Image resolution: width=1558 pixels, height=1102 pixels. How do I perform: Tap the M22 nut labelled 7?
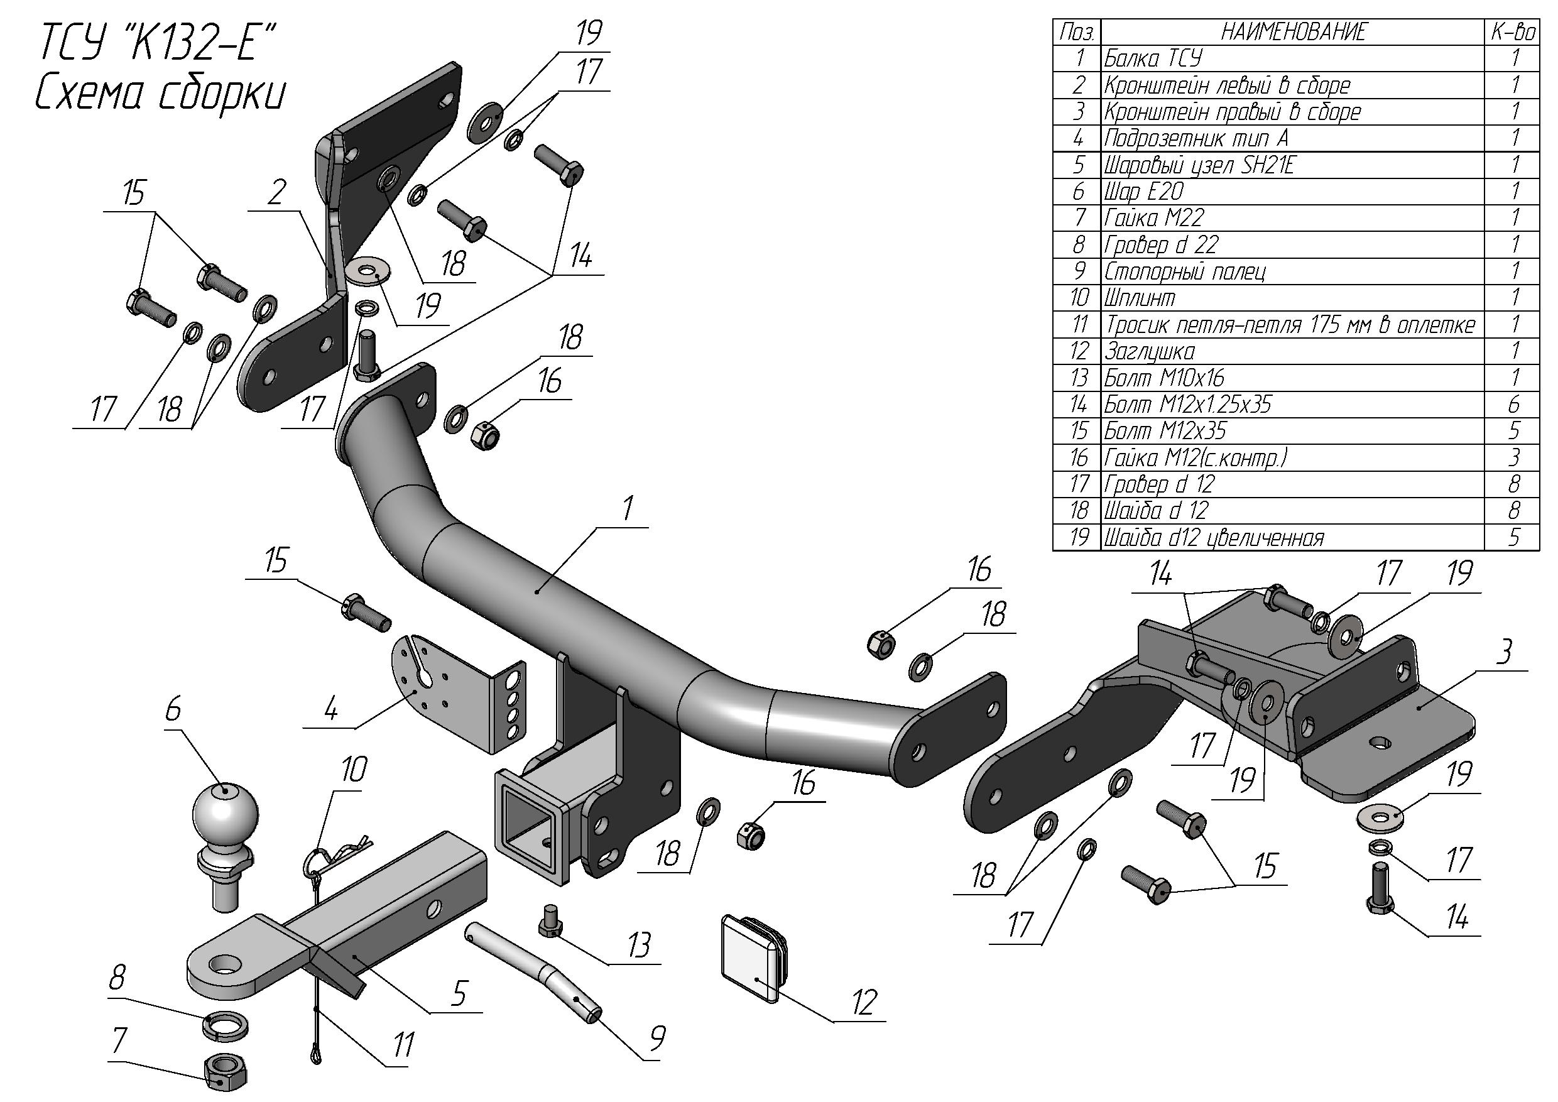click(226, 1071)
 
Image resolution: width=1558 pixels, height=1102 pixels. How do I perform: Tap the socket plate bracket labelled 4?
click(461, 693)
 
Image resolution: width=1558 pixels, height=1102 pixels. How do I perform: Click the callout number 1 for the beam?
click(628, 508)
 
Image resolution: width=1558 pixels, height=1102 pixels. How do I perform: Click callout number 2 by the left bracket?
click(276, 193)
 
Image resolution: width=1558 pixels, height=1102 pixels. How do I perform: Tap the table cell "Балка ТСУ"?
click(1153, 58)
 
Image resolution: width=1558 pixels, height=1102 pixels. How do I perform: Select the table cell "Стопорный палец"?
click(1185, 271)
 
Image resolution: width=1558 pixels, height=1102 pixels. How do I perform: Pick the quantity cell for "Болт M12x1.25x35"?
click(1514, 405)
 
